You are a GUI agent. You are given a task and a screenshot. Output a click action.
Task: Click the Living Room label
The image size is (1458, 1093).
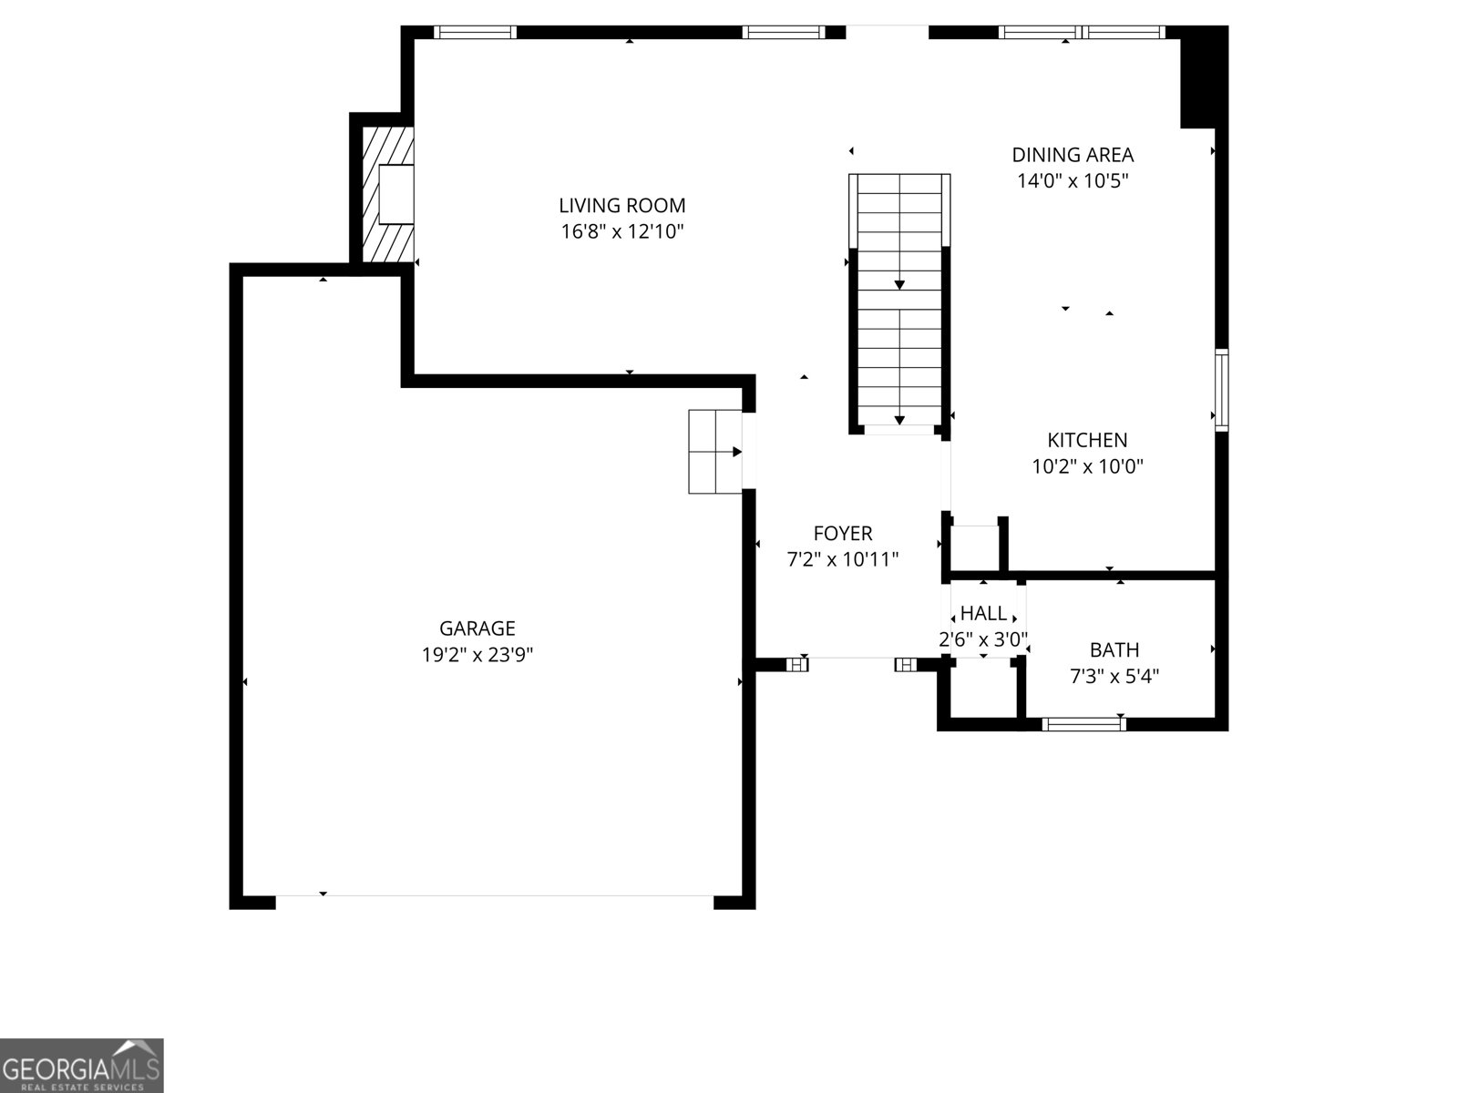coord(621,206)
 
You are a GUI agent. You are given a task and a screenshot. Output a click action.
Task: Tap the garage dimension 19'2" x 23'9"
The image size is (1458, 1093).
coord(477,654)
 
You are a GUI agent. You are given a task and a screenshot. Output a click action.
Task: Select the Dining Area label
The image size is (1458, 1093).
coord(1073,155)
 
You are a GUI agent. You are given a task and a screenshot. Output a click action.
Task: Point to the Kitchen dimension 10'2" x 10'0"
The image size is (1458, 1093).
coord(1087,466)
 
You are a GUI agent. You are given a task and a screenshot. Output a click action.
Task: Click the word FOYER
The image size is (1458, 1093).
coord(842,534)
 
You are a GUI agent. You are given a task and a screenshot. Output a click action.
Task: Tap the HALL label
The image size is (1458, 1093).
coord(983,614)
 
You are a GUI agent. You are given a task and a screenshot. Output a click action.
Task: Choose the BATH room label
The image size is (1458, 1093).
coord(1114,649)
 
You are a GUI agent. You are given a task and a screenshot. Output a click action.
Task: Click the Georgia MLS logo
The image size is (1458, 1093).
coord(82,1065)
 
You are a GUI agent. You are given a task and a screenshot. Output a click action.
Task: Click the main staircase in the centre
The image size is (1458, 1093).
coord(899,301)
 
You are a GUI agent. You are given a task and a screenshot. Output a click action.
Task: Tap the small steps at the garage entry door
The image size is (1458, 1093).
coord(714,452)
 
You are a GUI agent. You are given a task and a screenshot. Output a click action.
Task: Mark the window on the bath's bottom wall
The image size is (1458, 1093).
coord(1083,724)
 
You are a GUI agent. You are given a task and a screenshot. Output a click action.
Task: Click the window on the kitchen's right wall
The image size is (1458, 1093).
coord(1222,390)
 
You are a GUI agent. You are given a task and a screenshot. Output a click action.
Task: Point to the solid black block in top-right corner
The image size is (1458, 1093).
coord(1204,77)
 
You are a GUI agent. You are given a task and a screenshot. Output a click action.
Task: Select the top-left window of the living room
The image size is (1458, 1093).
coord(475,32)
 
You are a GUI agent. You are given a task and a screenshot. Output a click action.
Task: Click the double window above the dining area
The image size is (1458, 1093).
coord(1082,32)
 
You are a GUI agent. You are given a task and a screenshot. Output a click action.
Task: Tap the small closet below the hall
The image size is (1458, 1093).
coord(983,691)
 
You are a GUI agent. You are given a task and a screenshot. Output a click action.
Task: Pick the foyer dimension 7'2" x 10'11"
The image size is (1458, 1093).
coord(842,559)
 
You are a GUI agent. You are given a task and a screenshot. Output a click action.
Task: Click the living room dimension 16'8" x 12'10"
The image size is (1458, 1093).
coord(621,231)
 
